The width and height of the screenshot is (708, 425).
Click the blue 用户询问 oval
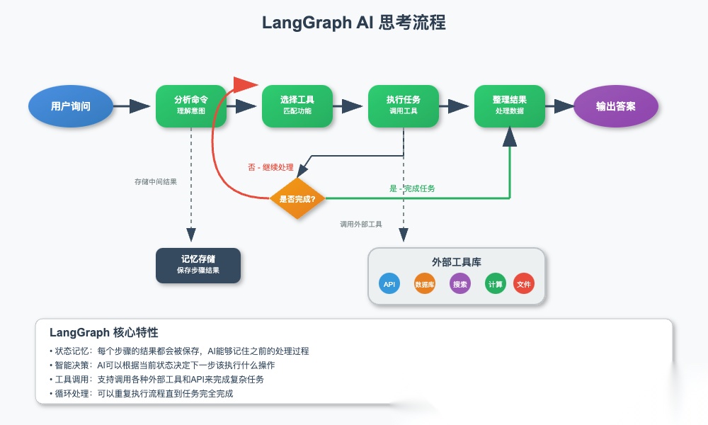(x=71, y=106)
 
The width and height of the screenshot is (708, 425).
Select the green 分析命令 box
(x=191, y=106)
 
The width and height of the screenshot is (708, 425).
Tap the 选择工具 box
(x=297, y=106)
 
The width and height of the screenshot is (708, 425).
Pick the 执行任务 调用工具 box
(x=404, y=106)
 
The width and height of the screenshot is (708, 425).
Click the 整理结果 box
(x=510, y=106)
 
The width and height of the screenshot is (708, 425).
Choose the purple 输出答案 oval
(x=616, y=106)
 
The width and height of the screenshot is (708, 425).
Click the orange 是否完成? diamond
(x=297, y=199)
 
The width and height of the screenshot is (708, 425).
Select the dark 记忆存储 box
(x=198, y=265)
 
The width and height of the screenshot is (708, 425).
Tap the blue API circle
(x=389, y=284)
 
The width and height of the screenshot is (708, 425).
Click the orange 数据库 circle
(x=425, y=284)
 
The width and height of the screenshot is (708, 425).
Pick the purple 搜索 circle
(x=460, y=284)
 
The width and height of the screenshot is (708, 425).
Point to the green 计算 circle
(x=496, y=284)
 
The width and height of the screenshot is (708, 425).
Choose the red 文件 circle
(x=524, y=284)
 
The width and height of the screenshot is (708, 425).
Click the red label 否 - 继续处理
(x=270, y=168)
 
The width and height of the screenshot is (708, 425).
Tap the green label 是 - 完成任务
(x=412, y=188)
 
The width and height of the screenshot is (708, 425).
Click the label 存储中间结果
(x=156, y=182)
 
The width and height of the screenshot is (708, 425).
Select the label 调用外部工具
(x=361, y=224)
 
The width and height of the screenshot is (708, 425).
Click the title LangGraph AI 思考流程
(x=354, y=23)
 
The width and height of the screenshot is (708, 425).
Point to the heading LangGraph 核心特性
(x=104, y=332)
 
